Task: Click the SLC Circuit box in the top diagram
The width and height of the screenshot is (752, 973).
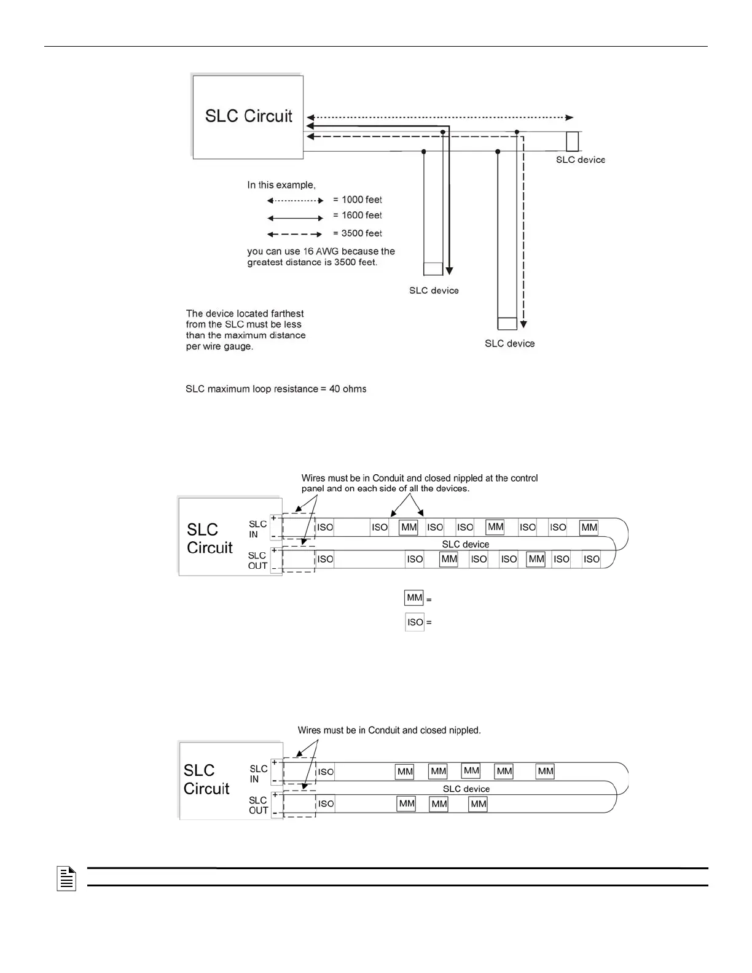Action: [248, 117]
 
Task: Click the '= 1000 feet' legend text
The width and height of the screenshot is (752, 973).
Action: [357, 200]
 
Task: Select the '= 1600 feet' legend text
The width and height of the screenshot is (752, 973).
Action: [357, 215]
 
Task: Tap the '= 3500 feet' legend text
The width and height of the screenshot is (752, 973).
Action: [357, 233]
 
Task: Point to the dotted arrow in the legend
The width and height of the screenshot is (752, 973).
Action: [295, 200]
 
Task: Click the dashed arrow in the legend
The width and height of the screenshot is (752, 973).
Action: [295, 234]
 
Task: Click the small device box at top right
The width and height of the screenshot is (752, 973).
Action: [572, 141]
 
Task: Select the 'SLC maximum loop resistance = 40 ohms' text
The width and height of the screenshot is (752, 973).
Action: [276, 389]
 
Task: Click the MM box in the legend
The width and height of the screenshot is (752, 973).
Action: [414, 598]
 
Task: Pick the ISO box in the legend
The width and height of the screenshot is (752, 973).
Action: [415, 622]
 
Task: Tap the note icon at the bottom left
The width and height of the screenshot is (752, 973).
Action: [66, 878]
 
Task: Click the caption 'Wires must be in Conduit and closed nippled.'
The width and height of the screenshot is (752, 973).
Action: [389, 730]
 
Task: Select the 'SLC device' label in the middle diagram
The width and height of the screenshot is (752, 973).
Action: [466, 544]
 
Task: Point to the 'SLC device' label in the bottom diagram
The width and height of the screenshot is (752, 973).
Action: [466, 789]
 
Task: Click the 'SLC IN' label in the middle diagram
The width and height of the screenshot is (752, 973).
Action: [257, 529]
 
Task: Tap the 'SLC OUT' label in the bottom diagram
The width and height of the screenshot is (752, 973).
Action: [258, 805]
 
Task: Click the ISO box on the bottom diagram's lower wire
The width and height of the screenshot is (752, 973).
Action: [326, 803]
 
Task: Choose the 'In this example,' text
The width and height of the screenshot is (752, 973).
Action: [281, 185]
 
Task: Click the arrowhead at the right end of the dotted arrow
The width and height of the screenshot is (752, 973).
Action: [570, 117]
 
